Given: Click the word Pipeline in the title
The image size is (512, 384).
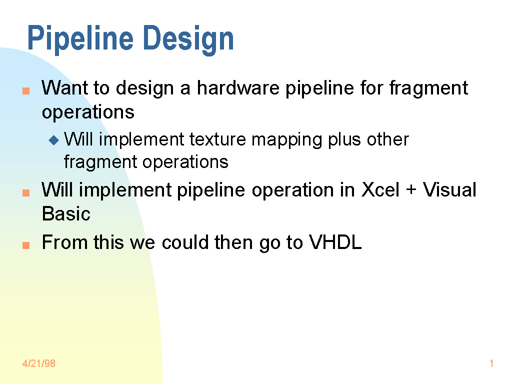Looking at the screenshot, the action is pyautogui.click(x=80, y=38).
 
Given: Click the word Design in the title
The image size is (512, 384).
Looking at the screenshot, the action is pyautogui.click(x=188, y=39).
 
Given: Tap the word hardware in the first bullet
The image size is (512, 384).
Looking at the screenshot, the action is pyautogui.click(x=238, y=88).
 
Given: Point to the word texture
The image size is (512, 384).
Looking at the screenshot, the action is pyautogui.click(x=217, y=139).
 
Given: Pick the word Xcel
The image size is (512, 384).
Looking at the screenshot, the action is pyautogui.click(x=380, y=189).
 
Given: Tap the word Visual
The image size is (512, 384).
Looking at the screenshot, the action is pyautogui.click(x=449, y=189).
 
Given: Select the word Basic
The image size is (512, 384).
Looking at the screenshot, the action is pyautogui.click(x=66, y=214).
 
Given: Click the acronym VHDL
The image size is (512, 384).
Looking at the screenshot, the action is pyautogui.click(x=335, y=242).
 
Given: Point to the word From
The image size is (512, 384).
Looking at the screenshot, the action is pyautogui.click(x=65, y=242).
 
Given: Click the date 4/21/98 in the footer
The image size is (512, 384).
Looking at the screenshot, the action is pyautogui.click(x=39, y=363).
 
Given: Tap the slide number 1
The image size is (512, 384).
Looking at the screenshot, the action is pyautogui.click(x=491, y=363).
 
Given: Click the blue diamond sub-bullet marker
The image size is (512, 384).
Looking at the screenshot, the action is pyautogui.click(x=54, y=140).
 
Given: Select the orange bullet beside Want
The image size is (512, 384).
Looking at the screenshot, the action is pyautogui.click(x=26, y=91).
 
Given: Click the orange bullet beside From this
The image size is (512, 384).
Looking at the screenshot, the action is pyautogui.click(x=26, y=245).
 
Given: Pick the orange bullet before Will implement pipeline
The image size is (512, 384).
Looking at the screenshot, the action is pyautogui.click(x=26, y=192).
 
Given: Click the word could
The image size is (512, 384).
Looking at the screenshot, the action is pyautogui.click(x=185, y=242).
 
